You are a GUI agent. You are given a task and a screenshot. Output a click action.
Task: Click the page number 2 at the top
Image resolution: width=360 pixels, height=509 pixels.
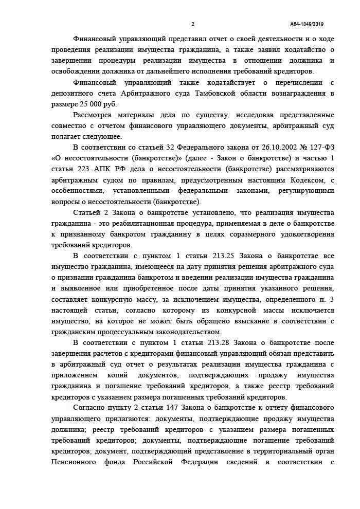click(x=193, y=24)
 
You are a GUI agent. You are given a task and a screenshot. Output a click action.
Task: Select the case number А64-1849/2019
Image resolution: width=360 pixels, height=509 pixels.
click(x=307, y=24)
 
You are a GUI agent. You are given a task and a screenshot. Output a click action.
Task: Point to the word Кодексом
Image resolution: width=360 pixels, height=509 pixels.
click(x=299, y=180)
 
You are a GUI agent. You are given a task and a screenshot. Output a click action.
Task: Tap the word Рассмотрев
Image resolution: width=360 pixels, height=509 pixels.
click(x=94, y=115)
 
